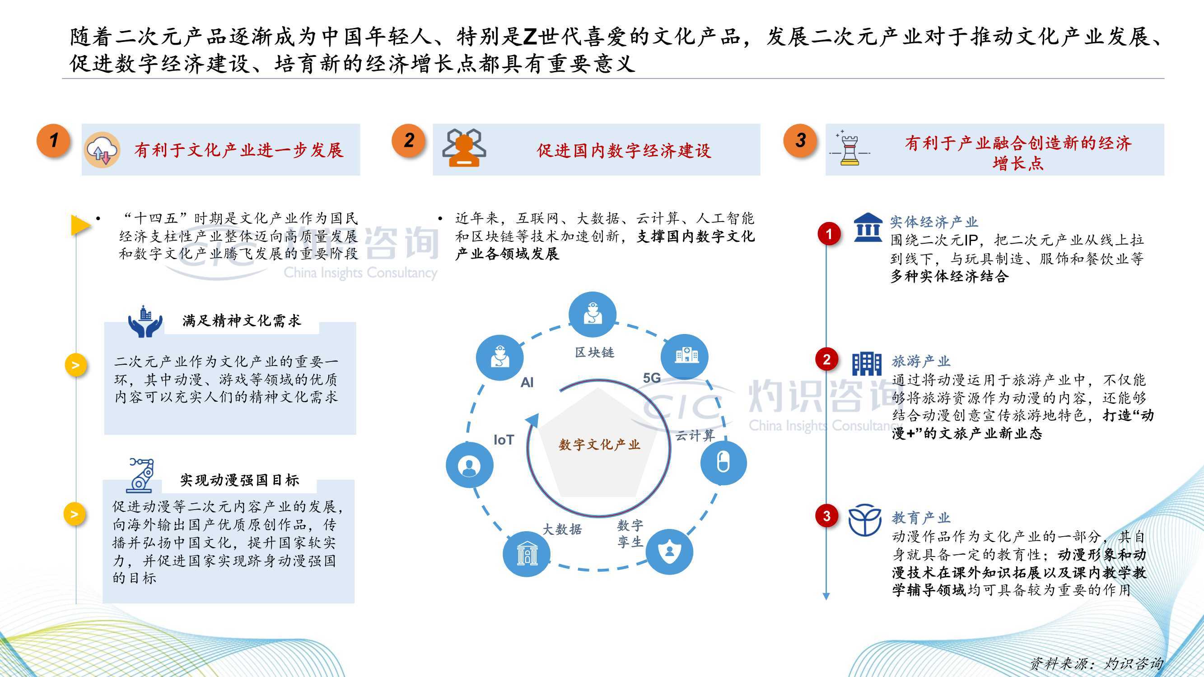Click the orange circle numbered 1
click(x=54, y=140)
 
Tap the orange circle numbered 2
click(x=409, y=140)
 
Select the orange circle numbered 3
click(x=801, y=140)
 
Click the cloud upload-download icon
click(x=102, y=150)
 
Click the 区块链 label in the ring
click(x=594, y=352)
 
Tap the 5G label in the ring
click(x=652, y=378)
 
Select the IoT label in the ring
click(x=504, y=440)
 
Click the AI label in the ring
click(x=527, y=383)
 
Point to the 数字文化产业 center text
click(x=599, y=444)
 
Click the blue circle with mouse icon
click(x=723, y=463)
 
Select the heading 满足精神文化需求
click(x=242, y=321)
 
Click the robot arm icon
click(x=140, y=475)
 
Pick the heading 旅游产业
click(x=921, y=361)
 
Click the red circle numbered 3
click(x=826, y=516)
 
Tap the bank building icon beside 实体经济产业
click(x=868, y=227)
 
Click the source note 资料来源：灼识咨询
click(x=1096, y=663)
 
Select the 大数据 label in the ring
click(x=562, y=529)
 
